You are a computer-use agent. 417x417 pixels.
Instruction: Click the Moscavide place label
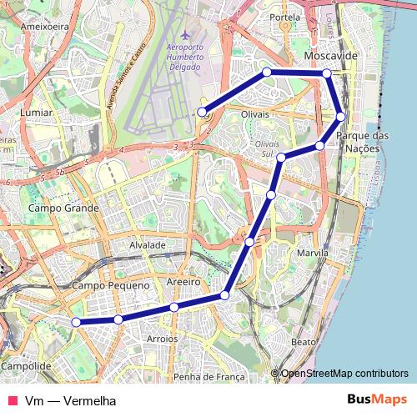point(332,55)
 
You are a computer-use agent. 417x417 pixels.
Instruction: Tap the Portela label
point(285,17)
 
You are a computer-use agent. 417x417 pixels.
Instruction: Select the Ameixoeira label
point(44,26)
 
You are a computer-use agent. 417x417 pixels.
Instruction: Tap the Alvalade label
point(148,245)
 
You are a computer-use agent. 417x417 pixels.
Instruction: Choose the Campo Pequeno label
point(111,285)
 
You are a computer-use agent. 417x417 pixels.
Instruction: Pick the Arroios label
point(163,339)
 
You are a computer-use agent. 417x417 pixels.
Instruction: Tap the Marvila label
point(313,252)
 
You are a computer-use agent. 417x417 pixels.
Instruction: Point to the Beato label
point(304,342)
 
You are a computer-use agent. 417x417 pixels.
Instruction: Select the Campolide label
point(28,365)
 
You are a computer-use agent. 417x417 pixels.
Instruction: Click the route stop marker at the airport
point(202,112)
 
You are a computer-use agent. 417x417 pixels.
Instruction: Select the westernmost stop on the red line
point(76,322)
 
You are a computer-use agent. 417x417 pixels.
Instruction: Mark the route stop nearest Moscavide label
point(327,73)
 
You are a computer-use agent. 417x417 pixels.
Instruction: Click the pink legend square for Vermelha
point(11,400)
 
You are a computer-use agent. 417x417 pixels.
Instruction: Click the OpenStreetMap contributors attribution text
point(344,373)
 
